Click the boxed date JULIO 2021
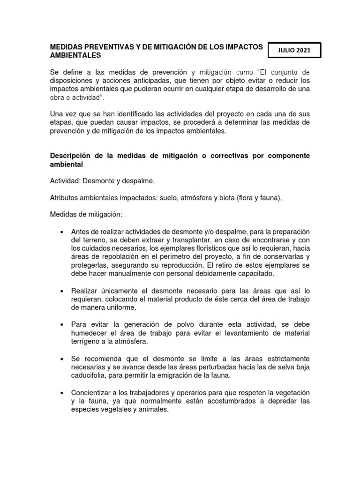(x=294, y=51)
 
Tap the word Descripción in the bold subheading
(x=70, y=156)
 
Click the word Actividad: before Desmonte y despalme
(x=64, y=181)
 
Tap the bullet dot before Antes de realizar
(x=61, y=232)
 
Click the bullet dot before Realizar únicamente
(x=61, y=291)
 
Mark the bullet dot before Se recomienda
(x=61, y=359)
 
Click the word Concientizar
(x=92, y=392)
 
